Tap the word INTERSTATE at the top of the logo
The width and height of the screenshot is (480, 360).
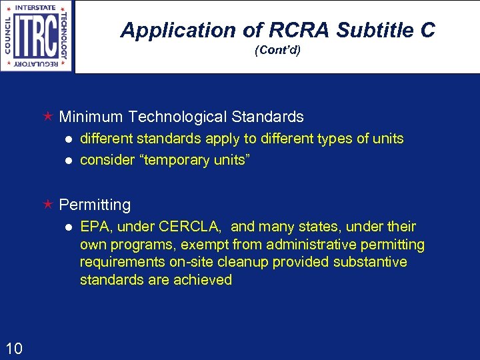[37, 7]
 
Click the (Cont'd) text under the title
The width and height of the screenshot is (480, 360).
[278, 50]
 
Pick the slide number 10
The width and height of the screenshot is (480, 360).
[14, 347]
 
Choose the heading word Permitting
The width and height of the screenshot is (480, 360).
[95, 205]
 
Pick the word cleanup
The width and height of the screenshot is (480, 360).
[231, 262]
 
